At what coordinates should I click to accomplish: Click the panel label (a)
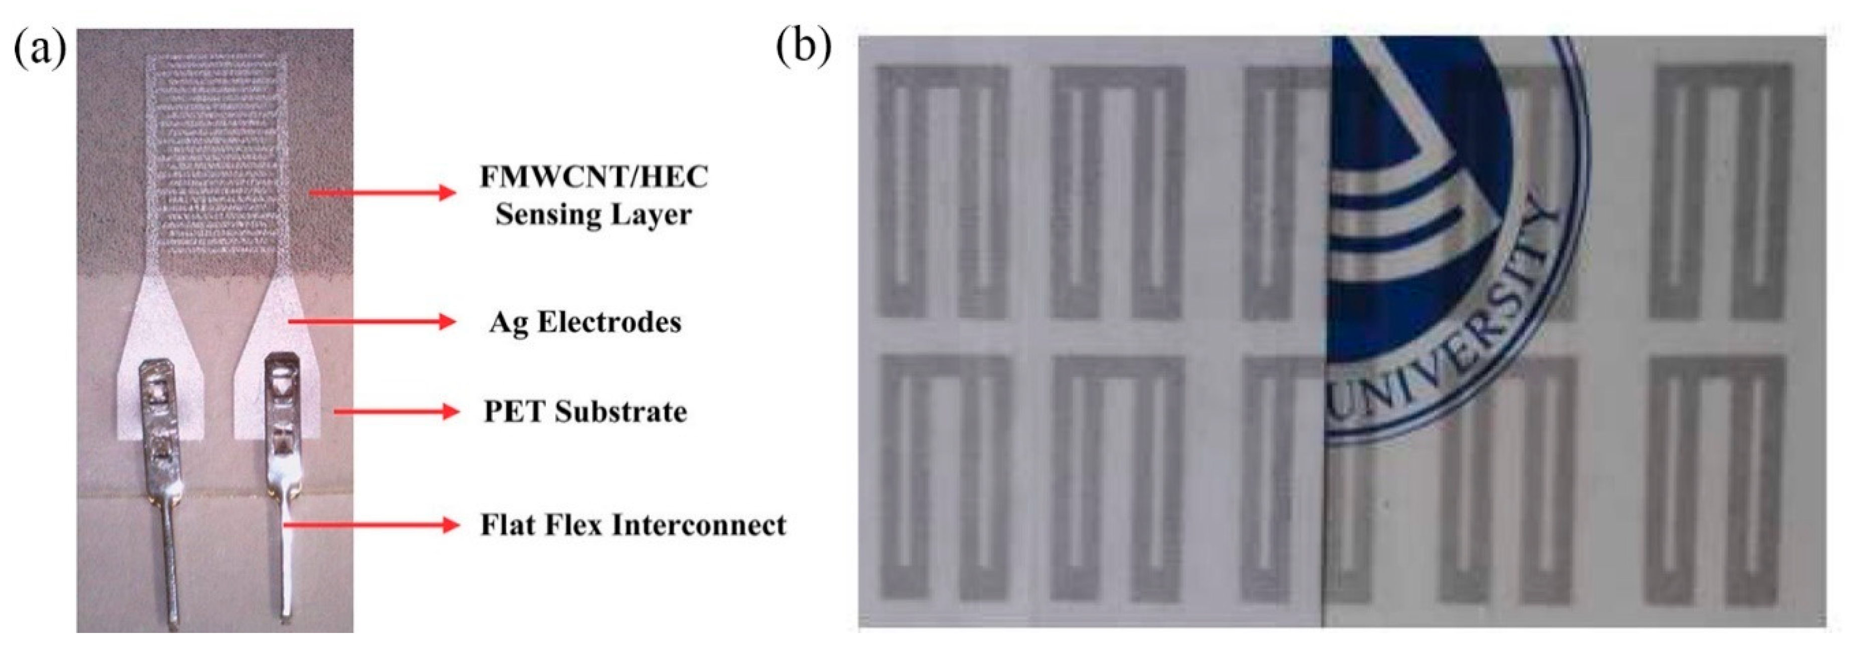click(40, 49)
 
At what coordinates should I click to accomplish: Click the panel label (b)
click(803, 48)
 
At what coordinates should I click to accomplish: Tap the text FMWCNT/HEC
click(593, 177)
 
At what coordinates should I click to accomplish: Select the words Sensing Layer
click(593, 214)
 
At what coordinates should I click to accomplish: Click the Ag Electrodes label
click(585, 322)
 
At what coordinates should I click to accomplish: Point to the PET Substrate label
click(585, 412)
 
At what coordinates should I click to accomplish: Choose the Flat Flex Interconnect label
click(633, 525)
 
